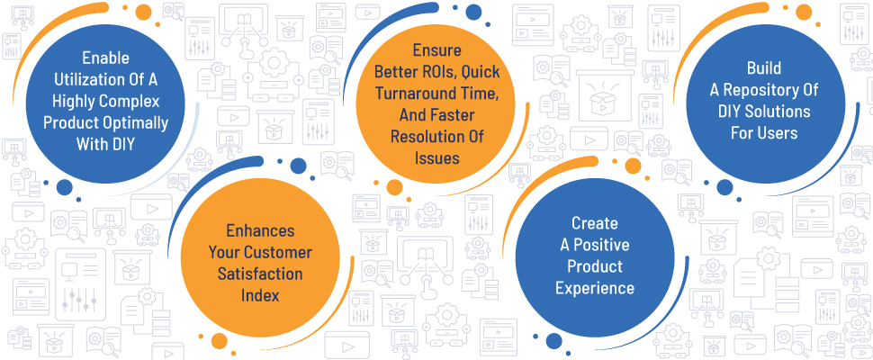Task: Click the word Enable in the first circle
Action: pos(106,58)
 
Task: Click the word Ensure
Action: pos(437,50)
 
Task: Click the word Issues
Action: pos(437,158)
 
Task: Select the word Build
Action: pos(764,68)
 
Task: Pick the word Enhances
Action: pos(260,231)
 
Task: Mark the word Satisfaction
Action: pos(260,274)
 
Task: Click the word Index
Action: pos(260,295)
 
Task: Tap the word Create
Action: pos(595,223)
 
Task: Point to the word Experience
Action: pos(595,288)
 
